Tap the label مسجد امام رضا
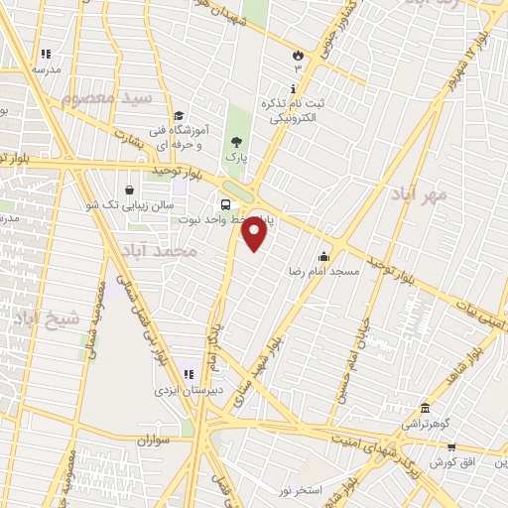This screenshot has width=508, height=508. (323, 271)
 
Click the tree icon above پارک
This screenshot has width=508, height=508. (235, 142)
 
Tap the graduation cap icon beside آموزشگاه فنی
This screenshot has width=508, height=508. (177, 116)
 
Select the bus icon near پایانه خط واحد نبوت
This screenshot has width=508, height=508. (226, 205)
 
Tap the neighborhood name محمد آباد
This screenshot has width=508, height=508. (165, 252)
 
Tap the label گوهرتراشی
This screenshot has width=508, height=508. (427, 424)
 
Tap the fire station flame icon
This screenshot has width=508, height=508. (297, 56)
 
